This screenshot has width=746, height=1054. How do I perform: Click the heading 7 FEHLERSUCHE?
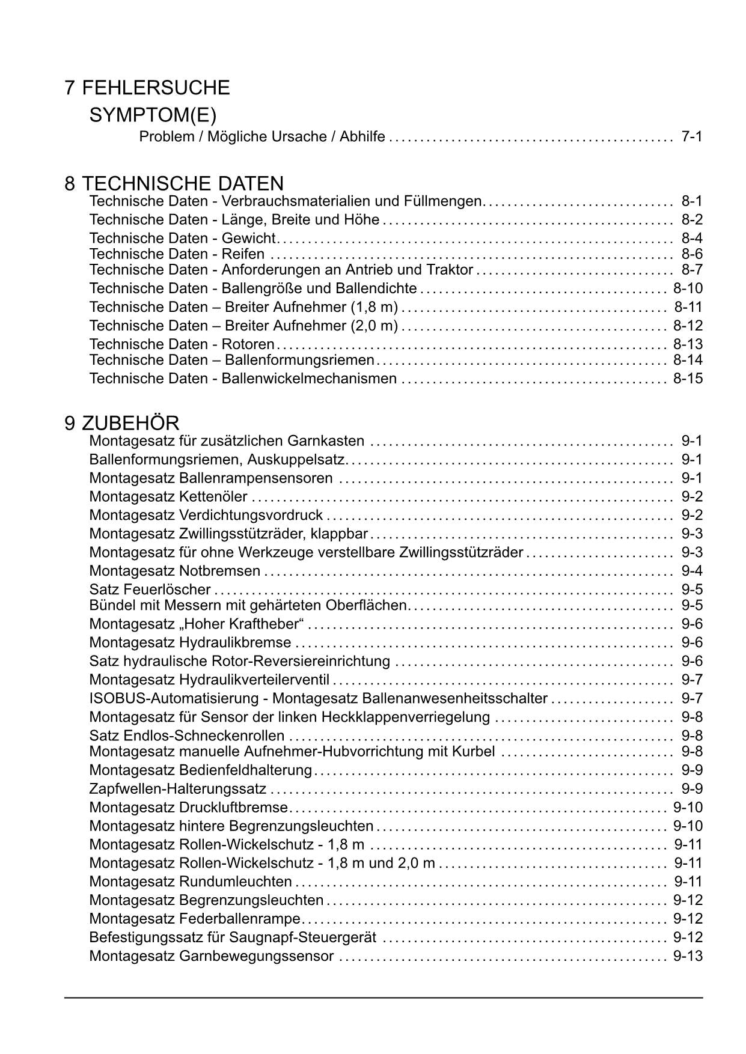coord(147,88)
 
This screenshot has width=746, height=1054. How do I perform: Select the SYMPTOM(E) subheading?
coord(153,115)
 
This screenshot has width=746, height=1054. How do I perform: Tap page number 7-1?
coord(692,136)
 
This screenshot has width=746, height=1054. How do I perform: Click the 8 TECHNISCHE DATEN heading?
coord(174,183)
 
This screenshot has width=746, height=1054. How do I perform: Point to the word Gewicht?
coord(248,238)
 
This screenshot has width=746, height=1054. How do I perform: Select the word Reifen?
coord(243,254)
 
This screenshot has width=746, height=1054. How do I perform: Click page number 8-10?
coord(688,288)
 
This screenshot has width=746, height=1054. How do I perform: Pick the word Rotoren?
coord(248,344)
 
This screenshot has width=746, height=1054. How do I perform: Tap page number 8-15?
coord(688,379)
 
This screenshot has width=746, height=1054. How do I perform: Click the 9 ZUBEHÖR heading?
coord(122,423)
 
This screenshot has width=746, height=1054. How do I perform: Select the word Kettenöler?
coord(213,497)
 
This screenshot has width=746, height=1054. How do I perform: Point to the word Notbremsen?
coord(220,571)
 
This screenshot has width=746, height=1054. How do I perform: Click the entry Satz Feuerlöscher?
coord(150,589)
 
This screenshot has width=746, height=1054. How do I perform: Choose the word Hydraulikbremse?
coord(235,643)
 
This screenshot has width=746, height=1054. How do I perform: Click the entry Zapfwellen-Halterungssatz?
coord(177,789)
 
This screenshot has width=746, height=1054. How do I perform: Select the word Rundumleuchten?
coord(236,882)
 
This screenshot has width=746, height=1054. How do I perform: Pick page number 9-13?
coord(688,956)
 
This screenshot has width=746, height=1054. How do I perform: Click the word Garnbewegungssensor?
coord(257,956)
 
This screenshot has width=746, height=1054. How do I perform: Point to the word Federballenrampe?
coord(240,919)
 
